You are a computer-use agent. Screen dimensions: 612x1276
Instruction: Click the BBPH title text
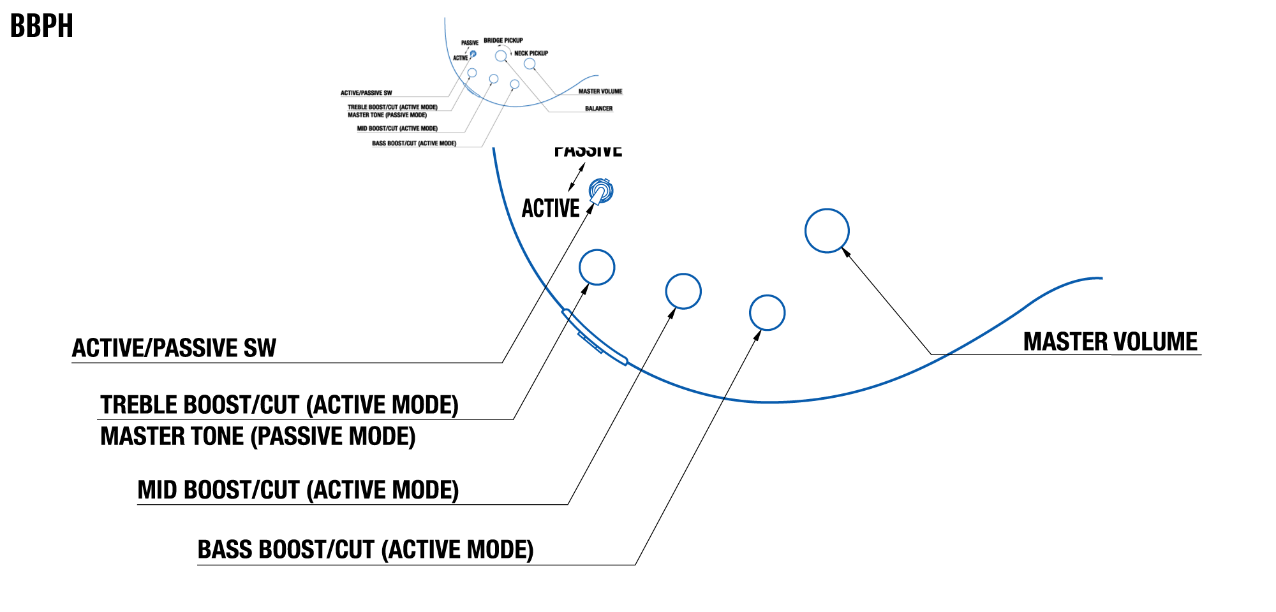coord(41,26)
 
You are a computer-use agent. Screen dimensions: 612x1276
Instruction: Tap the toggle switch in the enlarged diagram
coord(600,191)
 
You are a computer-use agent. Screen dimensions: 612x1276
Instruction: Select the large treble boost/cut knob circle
coord(597,267)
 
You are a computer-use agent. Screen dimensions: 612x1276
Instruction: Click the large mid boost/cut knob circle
coord(683,291)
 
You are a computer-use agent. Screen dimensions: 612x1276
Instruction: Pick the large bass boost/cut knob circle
coord(767,312)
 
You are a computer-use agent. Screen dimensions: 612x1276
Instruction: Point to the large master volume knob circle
coord(827,231)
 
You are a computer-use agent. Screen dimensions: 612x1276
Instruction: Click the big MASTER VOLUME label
coord(1110,342)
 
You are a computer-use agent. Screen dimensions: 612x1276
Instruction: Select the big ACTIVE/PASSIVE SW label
coord(174,348)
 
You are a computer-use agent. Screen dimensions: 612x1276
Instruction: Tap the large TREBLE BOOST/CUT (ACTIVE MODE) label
coord(279,405)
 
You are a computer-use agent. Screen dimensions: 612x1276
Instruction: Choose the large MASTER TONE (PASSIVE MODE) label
coord(258,437)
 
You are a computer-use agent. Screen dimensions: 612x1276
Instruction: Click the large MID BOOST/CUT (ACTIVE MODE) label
coord(298,490)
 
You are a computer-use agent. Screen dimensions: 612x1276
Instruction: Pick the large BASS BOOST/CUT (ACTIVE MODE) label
coord(366,550)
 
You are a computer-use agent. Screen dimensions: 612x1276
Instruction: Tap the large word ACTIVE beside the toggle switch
coord(551,208)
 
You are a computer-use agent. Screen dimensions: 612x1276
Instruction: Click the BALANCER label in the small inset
coord(598,108)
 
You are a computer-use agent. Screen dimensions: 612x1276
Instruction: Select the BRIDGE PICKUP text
coord(503,40)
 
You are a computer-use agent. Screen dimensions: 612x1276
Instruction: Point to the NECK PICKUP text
coord(531,54)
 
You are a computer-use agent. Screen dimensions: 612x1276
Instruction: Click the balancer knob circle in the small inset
coord(501,56)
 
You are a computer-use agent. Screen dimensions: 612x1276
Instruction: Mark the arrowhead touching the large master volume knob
coord(846,252)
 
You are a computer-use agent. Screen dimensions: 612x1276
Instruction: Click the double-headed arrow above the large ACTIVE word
coord(577,177)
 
